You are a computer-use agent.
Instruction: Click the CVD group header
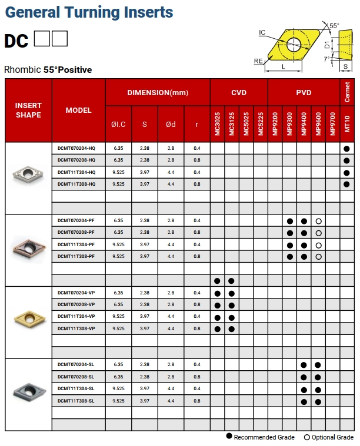238,93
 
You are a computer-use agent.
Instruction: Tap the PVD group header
304,93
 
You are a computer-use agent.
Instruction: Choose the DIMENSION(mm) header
158,93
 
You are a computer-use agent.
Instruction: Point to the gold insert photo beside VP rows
28,317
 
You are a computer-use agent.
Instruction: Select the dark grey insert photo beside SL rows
28,389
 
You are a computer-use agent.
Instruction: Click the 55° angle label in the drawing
334,26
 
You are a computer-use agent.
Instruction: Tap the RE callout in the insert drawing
258,61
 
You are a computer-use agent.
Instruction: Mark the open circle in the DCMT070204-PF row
318,221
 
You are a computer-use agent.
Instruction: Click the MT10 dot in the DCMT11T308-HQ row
346,184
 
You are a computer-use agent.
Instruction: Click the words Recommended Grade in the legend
264,437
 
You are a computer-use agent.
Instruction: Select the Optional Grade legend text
333,437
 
